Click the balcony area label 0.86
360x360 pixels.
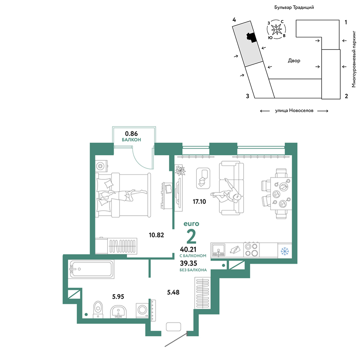(x=131, y=134)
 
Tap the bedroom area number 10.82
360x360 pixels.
(x=156, y=235)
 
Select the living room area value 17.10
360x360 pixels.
(x=199, y=202)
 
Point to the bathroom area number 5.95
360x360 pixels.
(x=118, y=296)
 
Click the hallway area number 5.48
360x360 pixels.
(x=173, y=292)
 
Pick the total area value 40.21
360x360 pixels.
(x=188, y=249)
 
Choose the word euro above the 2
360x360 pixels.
(x=191, y=224)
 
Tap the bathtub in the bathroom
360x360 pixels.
(x=92, y=269)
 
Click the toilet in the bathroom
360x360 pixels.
(x=98, y=309)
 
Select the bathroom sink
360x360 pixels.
(x=118, y=312)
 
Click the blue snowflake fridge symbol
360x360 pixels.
(x=285, y=251)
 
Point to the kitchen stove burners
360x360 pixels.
(x=251, y=249)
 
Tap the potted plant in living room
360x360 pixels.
(x=180, y=170)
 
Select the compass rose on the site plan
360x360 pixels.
(x=276, y=29)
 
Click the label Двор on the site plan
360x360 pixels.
(x=294, y=61)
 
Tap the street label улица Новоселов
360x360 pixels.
(x=294, y=111)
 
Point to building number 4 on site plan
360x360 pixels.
(x=234, y=20)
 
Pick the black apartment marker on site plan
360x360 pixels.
(x=251, y=37)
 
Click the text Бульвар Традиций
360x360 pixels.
(x=294, y=7)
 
